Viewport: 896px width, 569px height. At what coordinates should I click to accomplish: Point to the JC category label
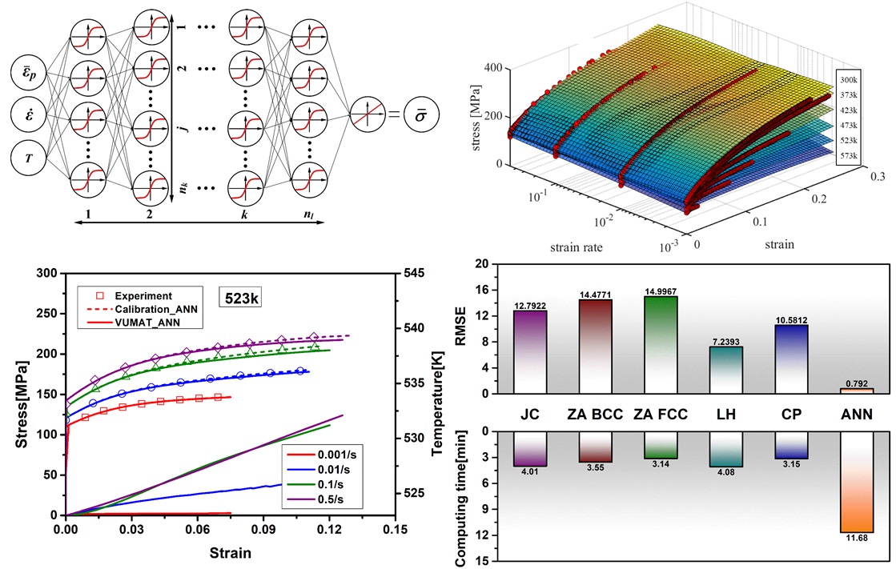point(529,414)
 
